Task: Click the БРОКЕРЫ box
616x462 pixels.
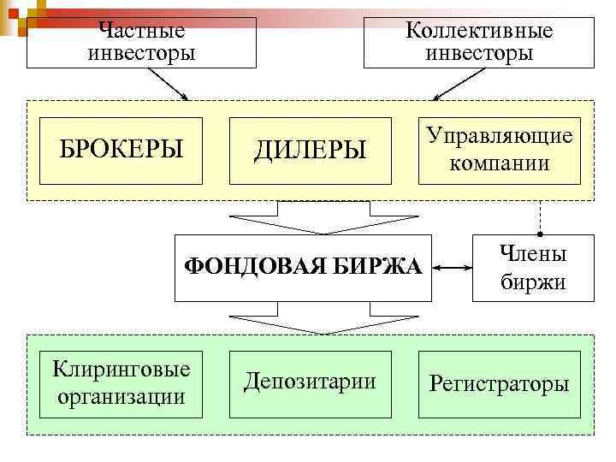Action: [121, 151]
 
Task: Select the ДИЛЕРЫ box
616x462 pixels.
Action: [310, 151]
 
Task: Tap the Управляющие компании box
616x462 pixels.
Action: [499, 151]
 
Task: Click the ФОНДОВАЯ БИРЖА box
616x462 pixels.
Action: [304, 267]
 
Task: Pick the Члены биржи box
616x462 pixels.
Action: [532, 267]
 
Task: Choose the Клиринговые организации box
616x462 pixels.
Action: [121, 384]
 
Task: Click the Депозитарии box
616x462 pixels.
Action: [310, 384]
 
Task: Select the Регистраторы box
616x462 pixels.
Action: [499, 384]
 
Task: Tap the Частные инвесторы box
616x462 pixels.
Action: [142, 42]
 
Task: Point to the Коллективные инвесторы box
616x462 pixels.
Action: [479, 42]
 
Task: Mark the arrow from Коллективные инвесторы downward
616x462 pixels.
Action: [455, 83]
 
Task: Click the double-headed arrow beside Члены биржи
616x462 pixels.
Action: [453, 268]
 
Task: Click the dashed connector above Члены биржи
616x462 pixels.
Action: [540, 217]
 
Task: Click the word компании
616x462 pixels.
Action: [500, 163]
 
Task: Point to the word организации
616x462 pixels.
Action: [121, 397]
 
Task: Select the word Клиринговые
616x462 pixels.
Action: [121, 370]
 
